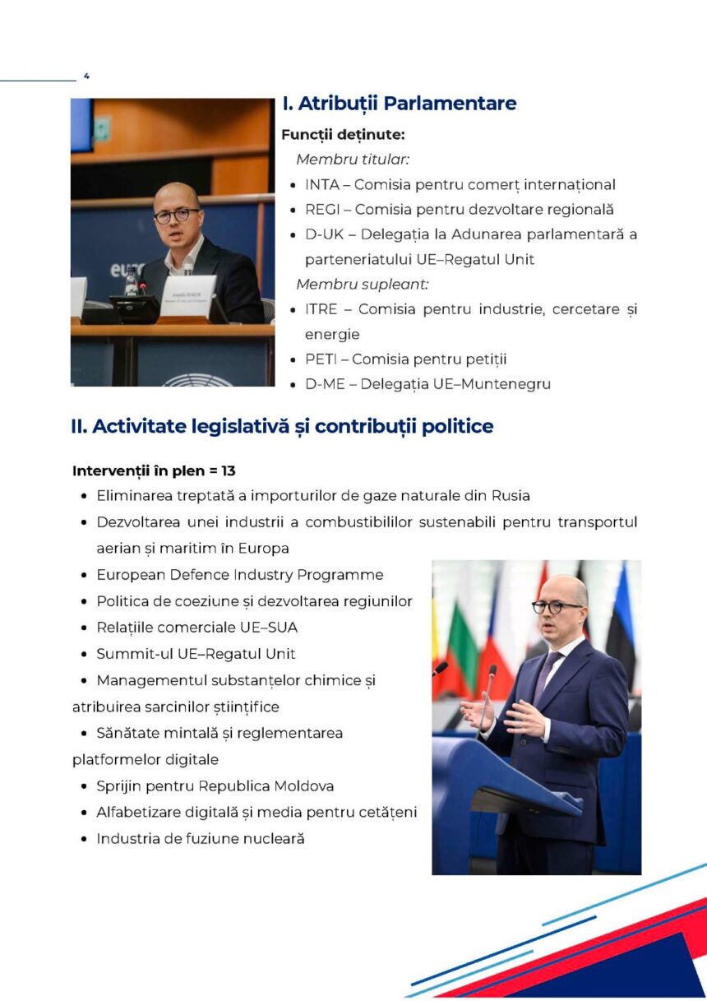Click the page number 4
86,76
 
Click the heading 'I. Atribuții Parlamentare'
399,104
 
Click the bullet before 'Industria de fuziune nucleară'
85,839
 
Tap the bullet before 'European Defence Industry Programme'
85,575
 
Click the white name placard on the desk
188,295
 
